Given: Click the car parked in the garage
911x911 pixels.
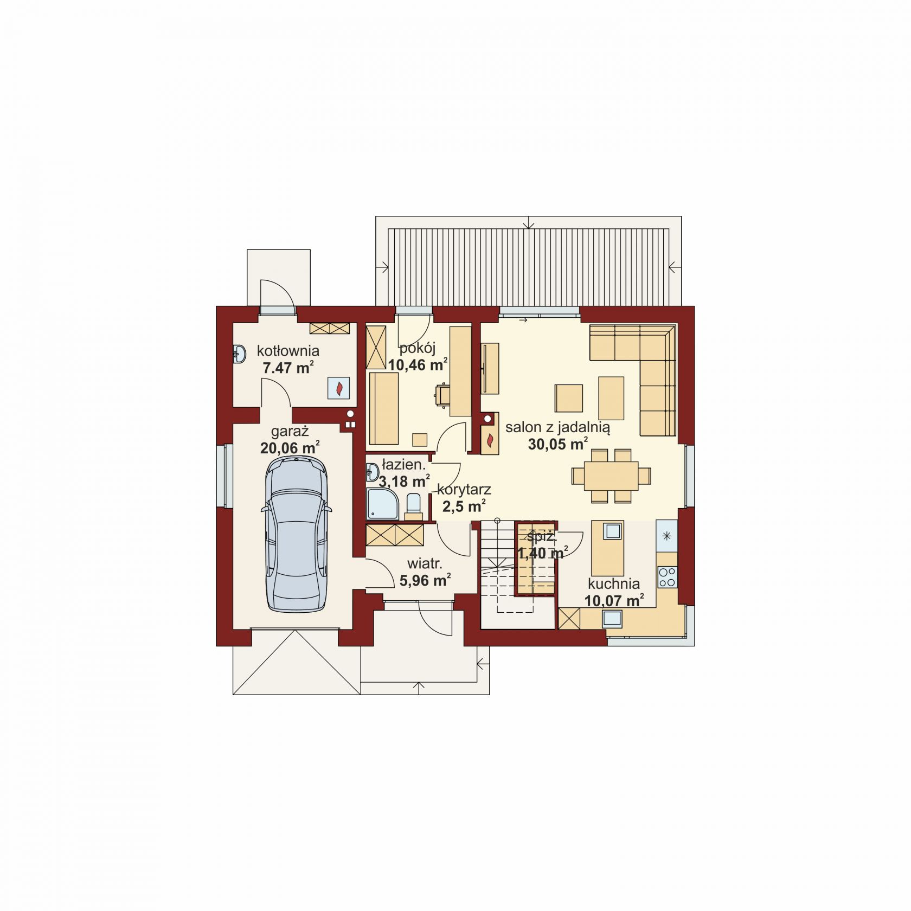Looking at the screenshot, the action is click(296, 535).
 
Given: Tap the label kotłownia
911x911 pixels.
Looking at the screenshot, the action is click(288, 351).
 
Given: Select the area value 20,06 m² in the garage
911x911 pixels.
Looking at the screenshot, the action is click(290, 448).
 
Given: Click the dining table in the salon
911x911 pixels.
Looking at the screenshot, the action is click(611, 476).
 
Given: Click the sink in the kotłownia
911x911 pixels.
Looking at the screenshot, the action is click(239, 355).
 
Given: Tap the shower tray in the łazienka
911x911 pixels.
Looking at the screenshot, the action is click(382, 503).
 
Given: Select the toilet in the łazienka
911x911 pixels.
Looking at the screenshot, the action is click(413, 503).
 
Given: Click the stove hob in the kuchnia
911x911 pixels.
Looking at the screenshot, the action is click(667, 576).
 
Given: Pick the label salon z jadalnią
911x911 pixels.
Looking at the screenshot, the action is click(557, 427).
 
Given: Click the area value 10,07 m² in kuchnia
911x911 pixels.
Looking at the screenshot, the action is click(614, 600).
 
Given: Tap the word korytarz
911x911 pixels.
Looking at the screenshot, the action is click(464, 490).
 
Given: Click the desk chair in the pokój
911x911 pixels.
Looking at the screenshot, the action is click(442, 394).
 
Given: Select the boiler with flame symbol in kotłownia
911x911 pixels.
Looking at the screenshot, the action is click(339, 388).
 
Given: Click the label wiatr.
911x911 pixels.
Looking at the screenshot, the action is click(425, 564).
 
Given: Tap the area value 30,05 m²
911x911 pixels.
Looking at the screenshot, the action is click(558, 444).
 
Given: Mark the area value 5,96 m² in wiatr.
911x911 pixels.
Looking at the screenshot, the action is click(425, 580).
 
